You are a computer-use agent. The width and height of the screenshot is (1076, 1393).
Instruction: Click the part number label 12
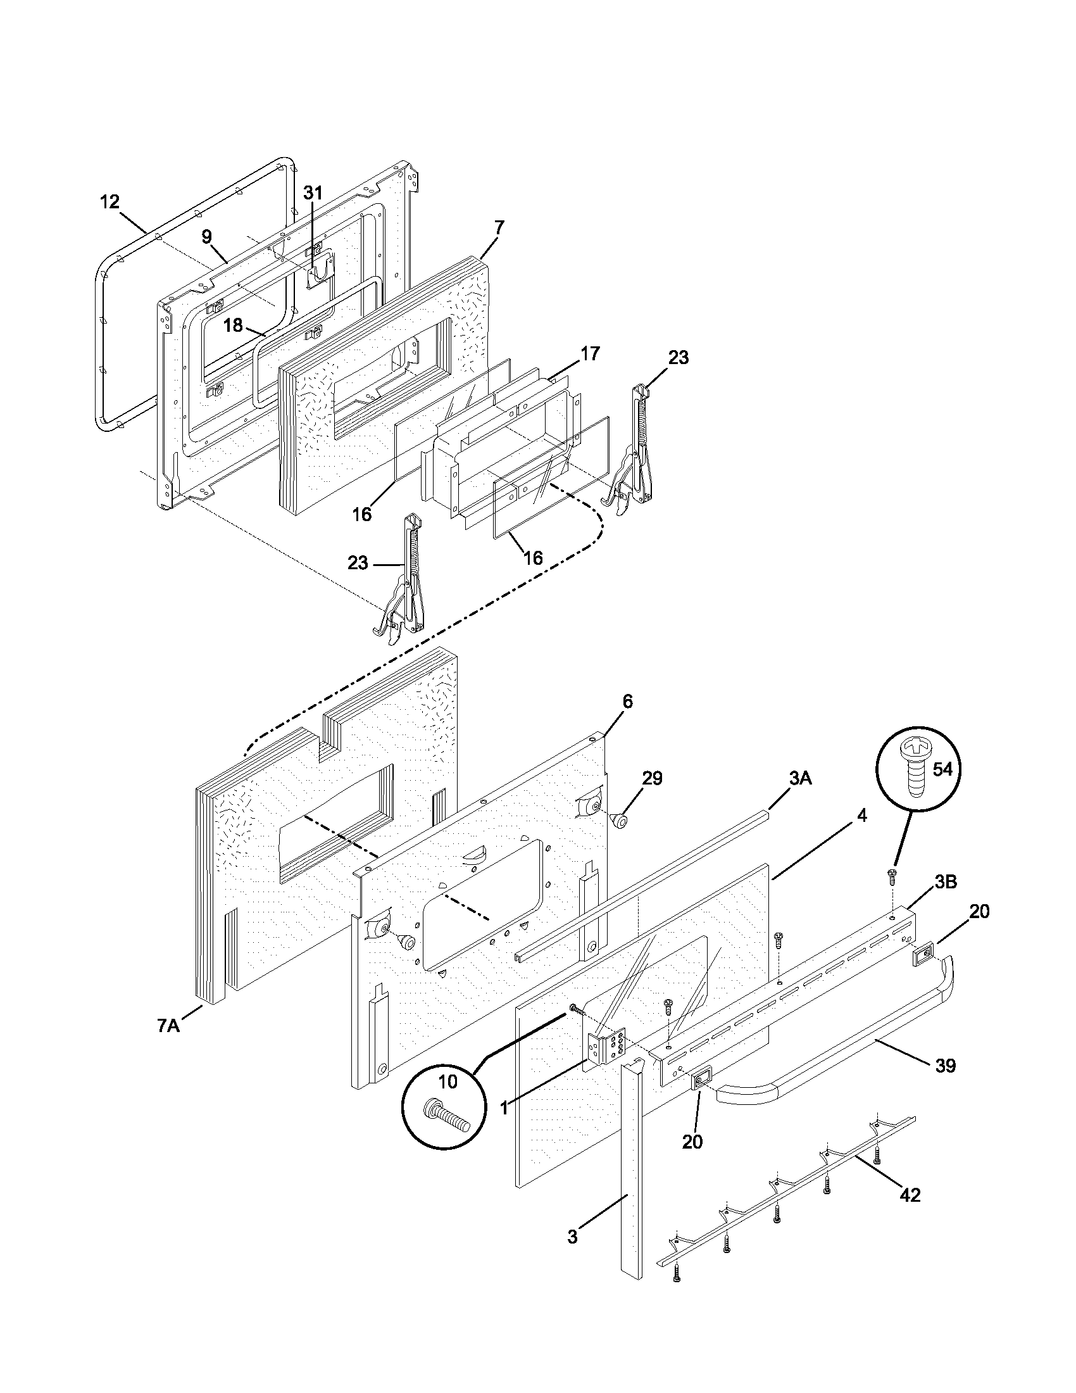point(109,202)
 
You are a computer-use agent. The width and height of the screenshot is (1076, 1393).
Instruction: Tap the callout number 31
point(313,192)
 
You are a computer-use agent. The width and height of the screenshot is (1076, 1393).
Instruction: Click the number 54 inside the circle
point(942,769)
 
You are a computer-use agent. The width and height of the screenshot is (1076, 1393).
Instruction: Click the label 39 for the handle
point(946,1066)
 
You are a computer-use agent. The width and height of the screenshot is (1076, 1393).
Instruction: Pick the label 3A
point(800,779)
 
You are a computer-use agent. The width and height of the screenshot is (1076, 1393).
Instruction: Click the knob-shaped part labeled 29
point(619,819)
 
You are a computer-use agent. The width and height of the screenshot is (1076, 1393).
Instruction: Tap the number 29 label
point(652,778)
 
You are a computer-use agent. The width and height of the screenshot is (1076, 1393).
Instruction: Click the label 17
point(591,353)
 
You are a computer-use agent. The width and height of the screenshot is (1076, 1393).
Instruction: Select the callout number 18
point(234,325)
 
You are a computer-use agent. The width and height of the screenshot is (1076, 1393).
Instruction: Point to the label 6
point(628,702)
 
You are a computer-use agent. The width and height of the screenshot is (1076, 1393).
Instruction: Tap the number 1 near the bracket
point(504,1108)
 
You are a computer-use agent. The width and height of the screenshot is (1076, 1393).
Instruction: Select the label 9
point(206,237)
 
